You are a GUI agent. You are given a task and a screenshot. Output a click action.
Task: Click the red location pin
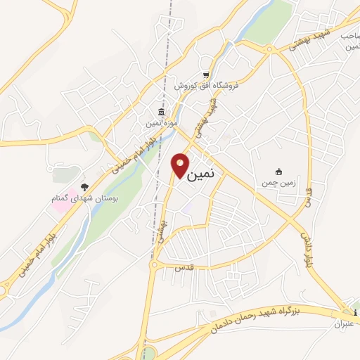pyautogui.click(x=180, y=166)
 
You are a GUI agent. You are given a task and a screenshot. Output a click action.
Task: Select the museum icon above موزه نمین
pyautogui.click(x=162, y=112)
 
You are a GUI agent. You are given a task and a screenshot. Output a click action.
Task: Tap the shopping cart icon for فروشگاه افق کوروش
pyautogui.click(x=205, y=75)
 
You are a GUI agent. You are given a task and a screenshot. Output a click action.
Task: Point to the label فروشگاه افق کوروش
pyautogui.click(x=208, y=86)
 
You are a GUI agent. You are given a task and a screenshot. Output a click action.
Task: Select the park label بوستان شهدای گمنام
pyautogui.click(x=84, y=200)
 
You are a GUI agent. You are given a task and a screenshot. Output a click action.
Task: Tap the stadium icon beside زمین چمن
pyautogui.click(x=279, y=172)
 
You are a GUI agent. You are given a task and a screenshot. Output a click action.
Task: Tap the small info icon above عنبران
pyautogui.click(x=356, y=312)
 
